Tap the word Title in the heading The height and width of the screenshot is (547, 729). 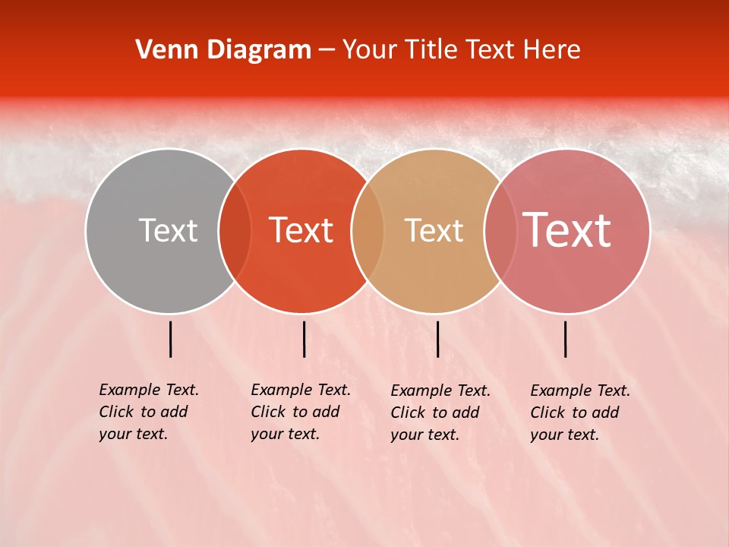pyautogui.click(x=431, y=50)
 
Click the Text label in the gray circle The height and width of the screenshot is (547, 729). pyautogui.click(x=168, y=230)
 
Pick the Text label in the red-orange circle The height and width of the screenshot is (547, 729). pyautogui.click(x=301, y=230)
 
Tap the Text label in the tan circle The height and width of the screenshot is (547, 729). pyautogui.click(x=434, y=230)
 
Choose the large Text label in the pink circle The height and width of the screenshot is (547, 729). pyautogui.click(x=567, y=230)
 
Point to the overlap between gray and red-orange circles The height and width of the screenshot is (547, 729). pyautogui.click(x=235, y=231)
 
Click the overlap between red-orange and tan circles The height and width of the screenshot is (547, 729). pyautogui.click(x=368, y=231)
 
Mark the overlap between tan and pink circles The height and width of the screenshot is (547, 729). pyautogui.click(x=500, y=231)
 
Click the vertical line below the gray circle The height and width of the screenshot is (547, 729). pyautogui.click(x=171, y=339)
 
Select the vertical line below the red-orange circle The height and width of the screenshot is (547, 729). pyautogui.click(x=304, y=339)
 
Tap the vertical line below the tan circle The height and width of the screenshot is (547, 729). pyautogui.click(x=437, y=339)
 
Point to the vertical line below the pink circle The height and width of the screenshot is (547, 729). pyautogui.click(x=566, y=339)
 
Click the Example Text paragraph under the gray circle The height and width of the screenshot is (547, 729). pyautogui.click(x=148, y=412)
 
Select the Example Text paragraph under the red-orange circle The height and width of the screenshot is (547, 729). pyautogui.click(x=300, y=412)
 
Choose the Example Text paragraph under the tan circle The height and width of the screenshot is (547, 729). pyautogui.click(x=440, y=413)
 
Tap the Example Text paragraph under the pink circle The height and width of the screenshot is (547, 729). pyautogui.click(x=579, y=413)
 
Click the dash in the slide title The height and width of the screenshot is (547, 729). pyautogui.click(x=327, y=51)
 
